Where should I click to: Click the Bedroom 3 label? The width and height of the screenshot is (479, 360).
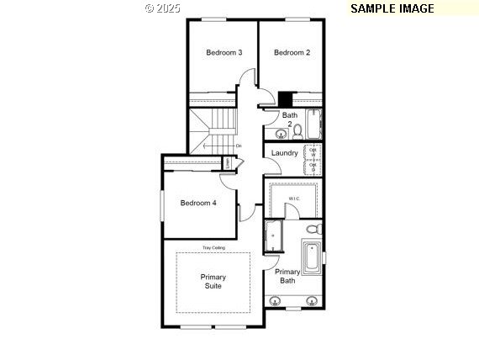(224, 52)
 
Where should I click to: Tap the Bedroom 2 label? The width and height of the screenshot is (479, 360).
(292, 52)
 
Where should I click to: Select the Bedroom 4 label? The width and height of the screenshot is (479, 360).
(198, 202)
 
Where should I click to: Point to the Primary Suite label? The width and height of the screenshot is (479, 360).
(213, 282)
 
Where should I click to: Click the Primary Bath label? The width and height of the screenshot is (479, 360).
(287, 276)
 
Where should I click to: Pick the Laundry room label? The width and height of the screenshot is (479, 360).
(285, 153)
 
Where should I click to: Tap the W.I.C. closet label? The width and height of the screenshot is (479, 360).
(293, 199)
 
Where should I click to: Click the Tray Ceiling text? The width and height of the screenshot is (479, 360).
(213, 248)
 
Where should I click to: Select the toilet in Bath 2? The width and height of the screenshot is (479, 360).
(297, 130)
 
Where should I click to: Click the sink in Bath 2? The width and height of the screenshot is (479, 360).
(280, 132)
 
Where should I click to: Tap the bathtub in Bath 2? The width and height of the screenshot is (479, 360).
(313, 124)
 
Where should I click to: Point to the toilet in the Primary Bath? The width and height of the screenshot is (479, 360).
(313, 229)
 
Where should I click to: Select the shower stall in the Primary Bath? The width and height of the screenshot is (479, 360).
(274, 235)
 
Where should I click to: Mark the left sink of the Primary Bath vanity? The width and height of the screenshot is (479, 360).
(276, 300)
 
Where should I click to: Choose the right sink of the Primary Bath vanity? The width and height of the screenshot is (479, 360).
(312, 300)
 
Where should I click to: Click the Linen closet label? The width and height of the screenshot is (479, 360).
(227, 161)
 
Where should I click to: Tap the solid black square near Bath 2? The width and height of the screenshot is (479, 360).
(286, 98)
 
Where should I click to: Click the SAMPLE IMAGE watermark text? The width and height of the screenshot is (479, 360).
(392, 8)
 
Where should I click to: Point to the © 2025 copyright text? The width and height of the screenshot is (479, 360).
(162, 8)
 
